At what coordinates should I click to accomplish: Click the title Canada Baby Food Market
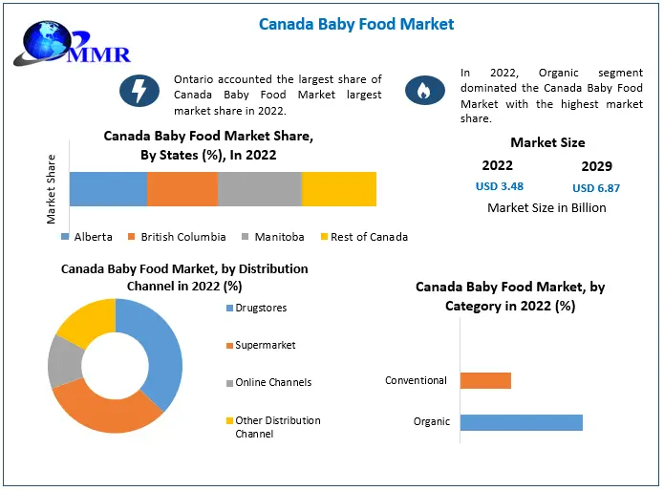[356, 23]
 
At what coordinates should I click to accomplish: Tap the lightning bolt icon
[139, 91]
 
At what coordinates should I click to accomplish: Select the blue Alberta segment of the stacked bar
[108, 189]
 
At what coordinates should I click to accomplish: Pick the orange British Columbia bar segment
[182, 189]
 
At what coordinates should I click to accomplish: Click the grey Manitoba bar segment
[260, 189]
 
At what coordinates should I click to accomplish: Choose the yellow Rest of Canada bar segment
[339, 189]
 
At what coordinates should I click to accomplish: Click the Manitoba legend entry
[273, 237]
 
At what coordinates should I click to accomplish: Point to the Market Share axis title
[52, 189]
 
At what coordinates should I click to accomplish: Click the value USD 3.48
[500, 186]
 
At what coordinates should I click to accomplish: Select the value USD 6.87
[595, 188]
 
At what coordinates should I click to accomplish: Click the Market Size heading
[547, 142]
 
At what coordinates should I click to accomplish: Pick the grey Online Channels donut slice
[64, 360]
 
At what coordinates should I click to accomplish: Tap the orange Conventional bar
[485, 380]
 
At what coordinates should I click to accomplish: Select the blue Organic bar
[521, 422]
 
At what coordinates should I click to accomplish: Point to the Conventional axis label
[416, 380]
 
